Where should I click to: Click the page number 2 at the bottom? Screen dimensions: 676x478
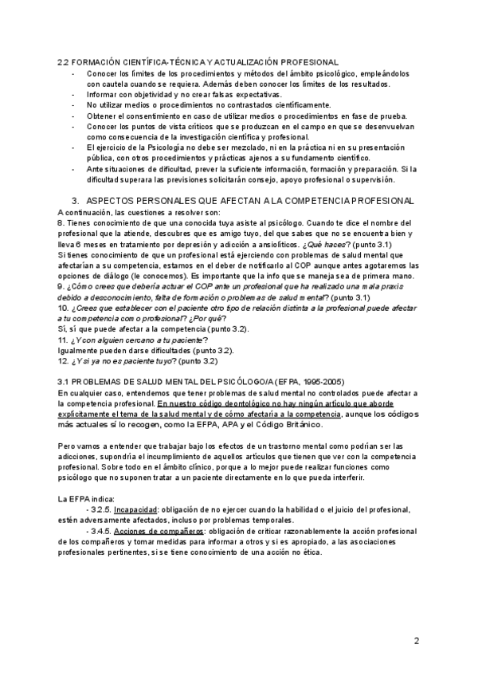pos(417,641)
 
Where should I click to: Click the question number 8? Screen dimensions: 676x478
pos(61,222)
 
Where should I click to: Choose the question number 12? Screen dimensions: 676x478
pos(63,360)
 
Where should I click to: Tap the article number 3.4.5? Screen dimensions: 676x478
pos(101,530)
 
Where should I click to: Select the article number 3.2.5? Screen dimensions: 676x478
pos(101,509)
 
